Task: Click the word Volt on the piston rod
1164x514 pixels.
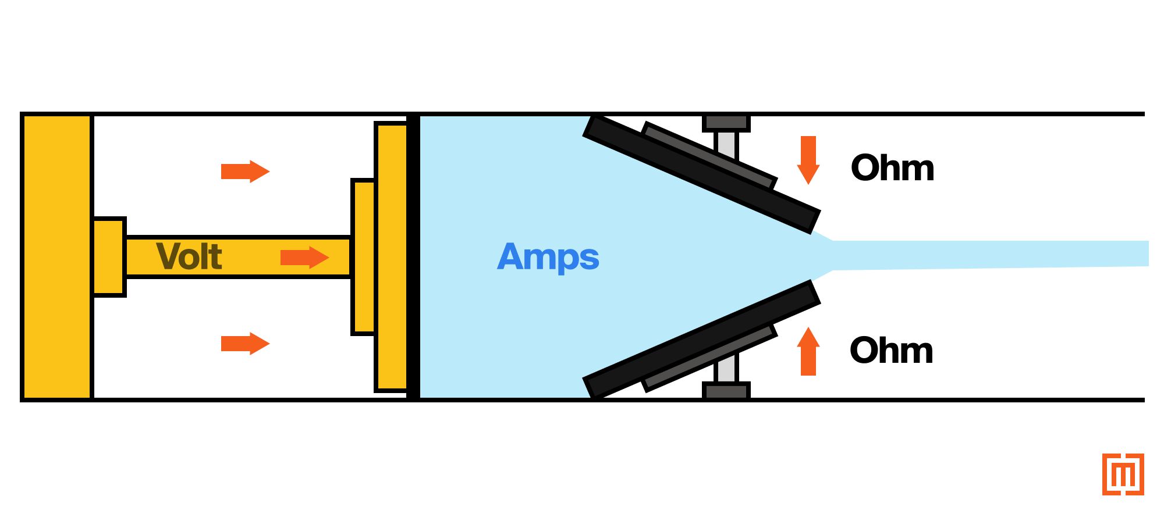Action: coord(189,256)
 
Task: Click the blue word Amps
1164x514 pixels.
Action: coord(548,257)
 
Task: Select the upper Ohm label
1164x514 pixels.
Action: coord(892,168)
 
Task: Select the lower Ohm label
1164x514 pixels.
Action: coord(891,350)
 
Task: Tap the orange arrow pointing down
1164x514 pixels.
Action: coord(808,160)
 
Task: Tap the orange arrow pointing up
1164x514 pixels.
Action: coord(808,351)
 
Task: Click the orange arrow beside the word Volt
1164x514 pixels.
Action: coord(305,257)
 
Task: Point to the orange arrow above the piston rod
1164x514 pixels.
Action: coord(246,172)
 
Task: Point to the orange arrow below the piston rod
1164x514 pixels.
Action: coord(246,344)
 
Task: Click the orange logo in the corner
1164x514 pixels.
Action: coord(1123,474)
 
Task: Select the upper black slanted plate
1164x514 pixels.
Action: coord(702,174)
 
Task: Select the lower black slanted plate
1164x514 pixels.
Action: coord(702,340)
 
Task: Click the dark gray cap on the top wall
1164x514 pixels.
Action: coord(726,123)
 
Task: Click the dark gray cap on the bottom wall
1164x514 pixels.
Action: coord(726,390)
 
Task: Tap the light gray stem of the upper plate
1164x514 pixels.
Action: coord(726,145)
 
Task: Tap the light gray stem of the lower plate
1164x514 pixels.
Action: coord(726,368)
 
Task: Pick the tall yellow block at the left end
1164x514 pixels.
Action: coord(57,257)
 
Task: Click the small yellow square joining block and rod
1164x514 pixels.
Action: coord(109,257)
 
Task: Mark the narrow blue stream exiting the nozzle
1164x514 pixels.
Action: coord(989,255)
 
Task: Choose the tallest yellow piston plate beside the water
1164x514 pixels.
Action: coord(392,257)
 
